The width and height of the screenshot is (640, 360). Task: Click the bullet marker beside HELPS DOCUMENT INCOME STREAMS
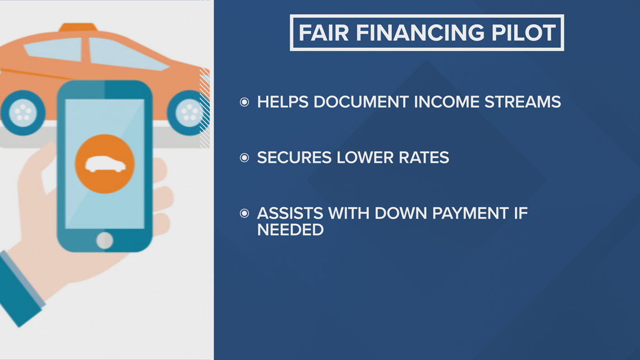pyautogui.click(x=244, y=102)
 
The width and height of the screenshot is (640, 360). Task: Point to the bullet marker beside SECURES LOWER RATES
pyautogui.click(x=244, y=158)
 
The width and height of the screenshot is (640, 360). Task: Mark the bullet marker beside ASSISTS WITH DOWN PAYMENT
pyautogui.click(x=244, y=213)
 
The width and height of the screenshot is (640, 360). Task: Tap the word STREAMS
pyautogui.click(x=523, y=102)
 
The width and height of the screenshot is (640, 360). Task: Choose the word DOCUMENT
pyautogui.click(x=361, y=102)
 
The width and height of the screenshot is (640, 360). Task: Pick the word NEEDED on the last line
pyautogui.click(x=290, y=230)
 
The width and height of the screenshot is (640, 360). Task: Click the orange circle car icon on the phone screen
pyautogui.click(x=105, y=163)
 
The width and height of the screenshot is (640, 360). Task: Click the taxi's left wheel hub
pyautogui.click(x=22, y=112)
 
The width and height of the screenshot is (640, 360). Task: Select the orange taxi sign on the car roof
pyautogui.click(x=78, y=28)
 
